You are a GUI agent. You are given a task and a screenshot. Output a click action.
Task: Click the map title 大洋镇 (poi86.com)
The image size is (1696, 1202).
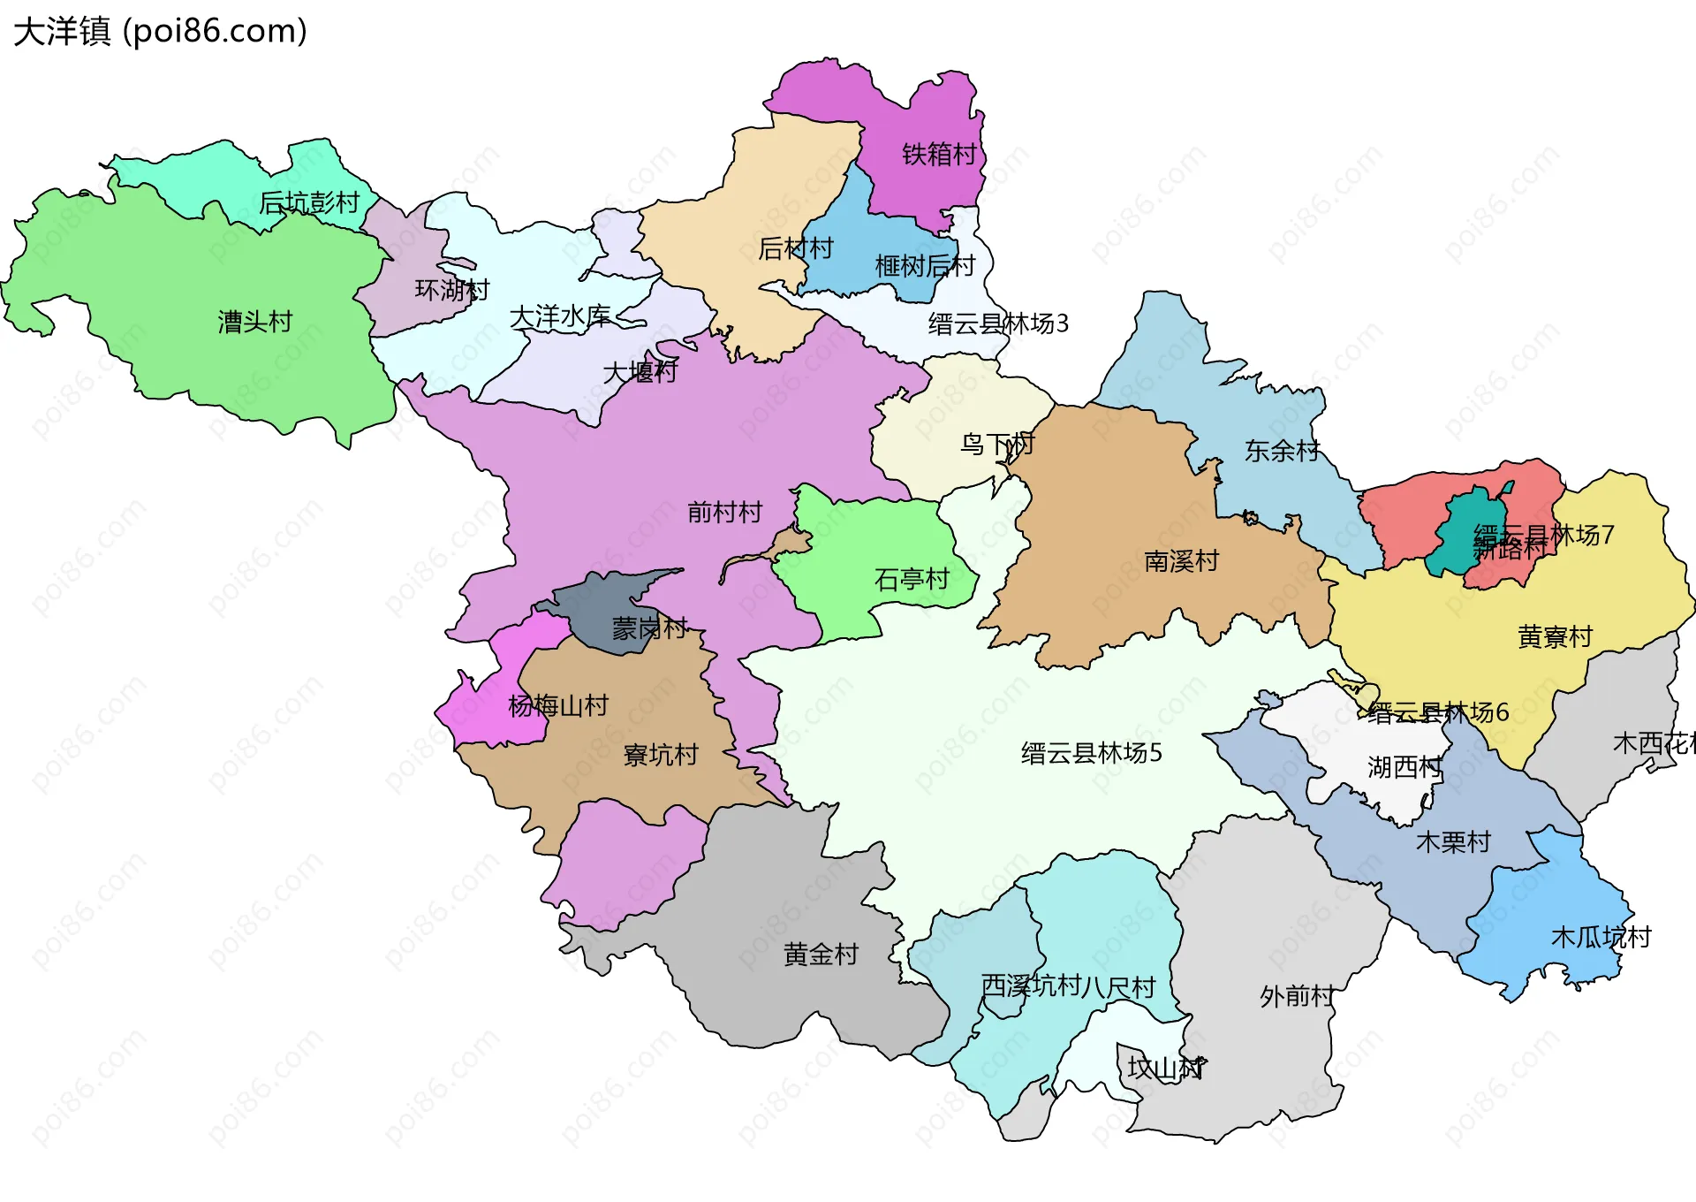(160, 32)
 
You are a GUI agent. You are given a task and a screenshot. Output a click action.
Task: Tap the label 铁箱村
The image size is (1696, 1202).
(939, 155)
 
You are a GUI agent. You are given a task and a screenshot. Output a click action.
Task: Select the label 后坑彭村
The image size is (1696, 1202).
(309, 203)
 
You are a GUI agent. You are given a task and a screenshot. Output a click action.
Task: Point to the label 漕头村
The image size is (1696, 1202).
(255, 322)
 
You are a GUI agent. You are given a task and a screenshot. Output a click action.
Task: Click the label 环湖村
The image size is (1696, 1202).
(451, 290)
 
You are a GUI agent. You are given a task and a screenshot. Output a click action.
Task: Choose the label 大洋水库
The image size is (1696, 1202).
(560, 317)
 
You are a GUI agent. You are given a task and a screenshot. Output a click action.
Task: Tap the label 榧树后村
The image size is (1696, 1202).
(925, 266)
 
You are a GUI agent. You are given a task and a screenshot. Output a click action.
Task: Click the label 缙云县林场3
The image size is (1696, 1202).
(998, 324)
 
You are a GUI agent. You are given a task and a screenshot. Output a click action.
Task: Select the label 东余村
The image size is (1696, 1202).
(1282, 452)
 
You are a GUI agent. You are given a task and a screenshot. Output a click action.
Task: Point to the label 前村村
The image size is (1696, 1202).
(724, 513)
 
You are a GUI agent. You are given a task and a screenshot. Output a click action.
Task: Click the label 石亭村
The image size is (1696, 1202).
(912, 580)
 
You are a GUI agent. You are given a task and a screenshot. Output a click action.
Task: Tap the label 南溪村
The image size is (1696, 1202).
(1181, 562)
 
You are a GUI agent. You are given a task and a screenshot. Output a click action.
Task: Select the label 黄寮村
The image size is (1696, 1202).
(1555, 637)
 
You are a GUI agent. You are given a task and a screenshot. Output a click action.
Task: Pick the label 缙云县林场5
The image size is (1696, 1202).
(1091, 754)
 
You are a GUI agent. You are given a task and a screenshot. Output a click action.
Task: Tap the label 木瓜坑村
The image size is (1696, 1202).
(1601, 938)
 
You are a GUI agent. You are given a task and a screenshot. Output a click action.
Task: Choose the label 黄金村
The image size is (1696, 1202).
(821, 955)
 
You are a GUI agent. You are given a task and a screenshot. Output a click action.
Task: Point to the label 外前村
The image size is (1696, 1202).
(1297, 997)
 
